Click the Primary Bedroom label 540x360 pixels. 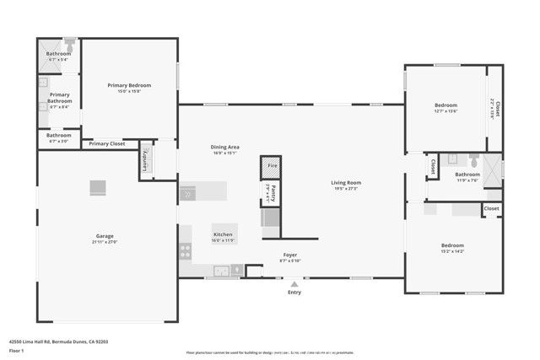tap(129, 85)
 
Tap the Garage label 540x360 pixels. tap(105, 236)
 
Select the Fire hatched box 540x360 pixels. tap(271, 166)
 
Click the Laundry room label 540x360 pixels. tap(146, 159)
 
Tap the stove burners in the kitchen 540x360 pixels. tap(185, 250)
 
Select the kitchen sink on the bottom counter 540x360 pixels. tap(221, 271)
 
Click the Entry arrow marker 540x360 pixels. tap(294, 283)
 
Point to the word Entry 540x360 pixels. tap(294, 293)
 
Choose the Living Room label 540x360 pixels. tap(345, 182)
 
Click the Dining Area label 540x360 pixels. tap(225, 148)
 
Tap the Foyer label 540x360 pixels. tap(289, 255)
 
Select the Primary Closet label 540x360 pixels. tap(106, 143)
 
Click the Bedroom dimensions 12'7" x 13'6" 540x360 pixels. tap(445, 110)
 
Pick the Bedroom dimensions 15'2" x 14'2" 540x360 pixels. tap(451, 251)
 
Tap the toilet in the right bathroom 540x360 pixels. tap(473, 160)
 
